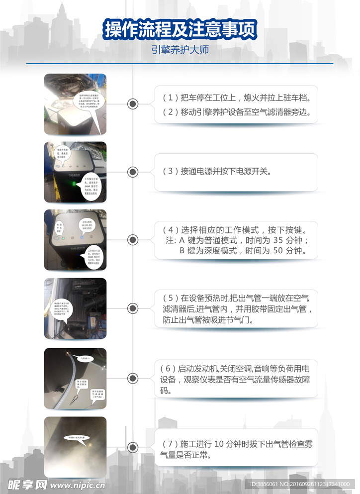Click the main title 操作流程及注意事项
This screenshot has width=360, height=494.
pos(180,30)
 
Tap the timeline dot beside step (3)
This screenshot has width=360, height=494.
pos(133,172)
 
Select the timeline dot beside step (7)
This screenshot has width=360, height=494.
pos(133,447)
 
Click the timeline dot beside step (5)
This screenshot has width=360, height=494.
pos(133,308)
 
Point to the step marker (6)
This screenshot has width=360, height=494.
pos(169,369)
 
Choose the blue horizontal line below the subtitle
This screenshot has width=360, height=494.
pos(180,64)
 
